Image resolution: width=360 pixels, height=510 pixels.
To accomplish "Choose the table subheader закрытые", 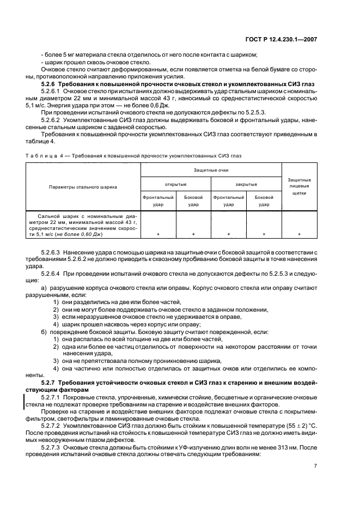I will (x=246, y=184).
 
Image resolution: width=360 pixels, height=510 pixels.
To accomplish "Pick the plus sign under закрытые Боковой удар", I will (x=264, y=234).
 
